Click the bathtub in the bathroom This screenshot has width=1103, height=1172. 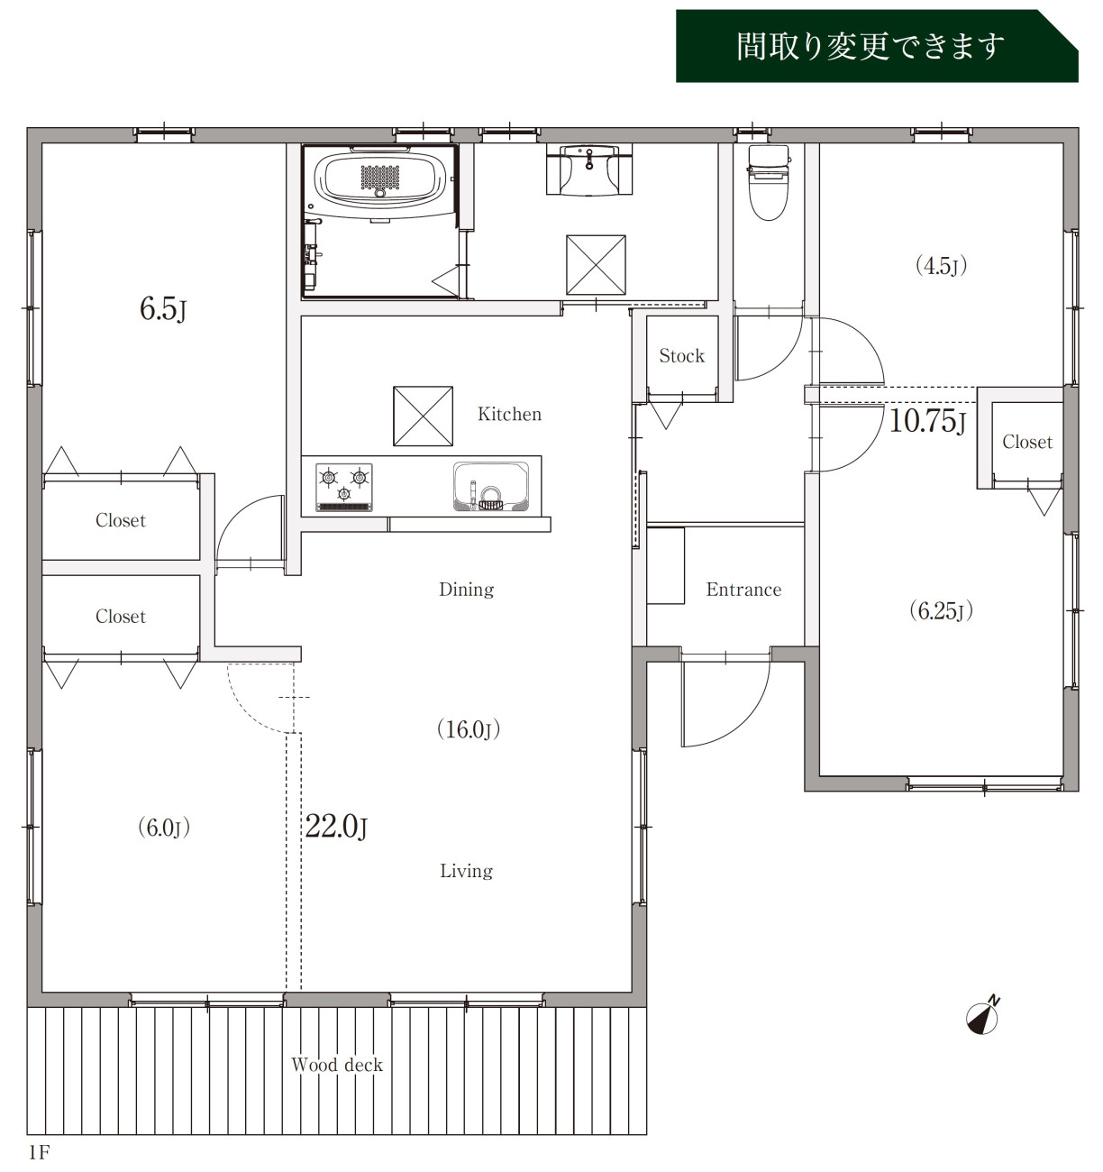[380, 177]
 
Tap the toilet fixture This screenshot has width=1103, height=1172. [769, 182]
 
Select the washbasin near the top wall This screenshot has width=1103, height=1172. [589, 169]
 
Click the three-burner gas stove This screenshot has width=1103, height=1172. [344, 487]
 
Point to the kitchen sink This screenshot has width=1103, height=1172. [491, 486]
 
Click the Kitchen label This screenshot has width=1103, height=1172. [509, 415]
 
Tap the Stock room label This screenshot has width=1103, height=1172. [681, 356]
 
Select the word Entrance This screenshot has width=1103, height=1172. [743, 590]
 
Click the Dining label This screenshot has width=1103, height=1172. [466, 590]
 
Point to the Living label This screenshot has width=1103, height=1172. [466, 871]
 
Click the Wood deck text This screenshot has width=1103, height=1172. [337, 1066]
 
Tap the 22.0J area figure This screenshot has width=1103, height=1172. [336, 826]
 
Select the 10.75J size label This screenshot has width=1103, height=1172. [927, 421]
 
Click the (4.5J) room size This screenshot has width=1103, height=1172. [942, 266]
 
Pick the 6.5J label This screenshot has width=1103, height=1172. [163, 308]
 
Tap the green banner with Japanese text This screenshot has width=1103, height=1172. [877, 46]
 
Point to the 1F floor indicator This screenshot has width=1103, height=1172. [39, 1152]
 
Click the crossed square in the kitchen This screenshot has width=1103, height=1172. [424, 416]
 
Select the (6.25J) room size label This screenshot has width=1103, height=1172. [942, 610]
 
